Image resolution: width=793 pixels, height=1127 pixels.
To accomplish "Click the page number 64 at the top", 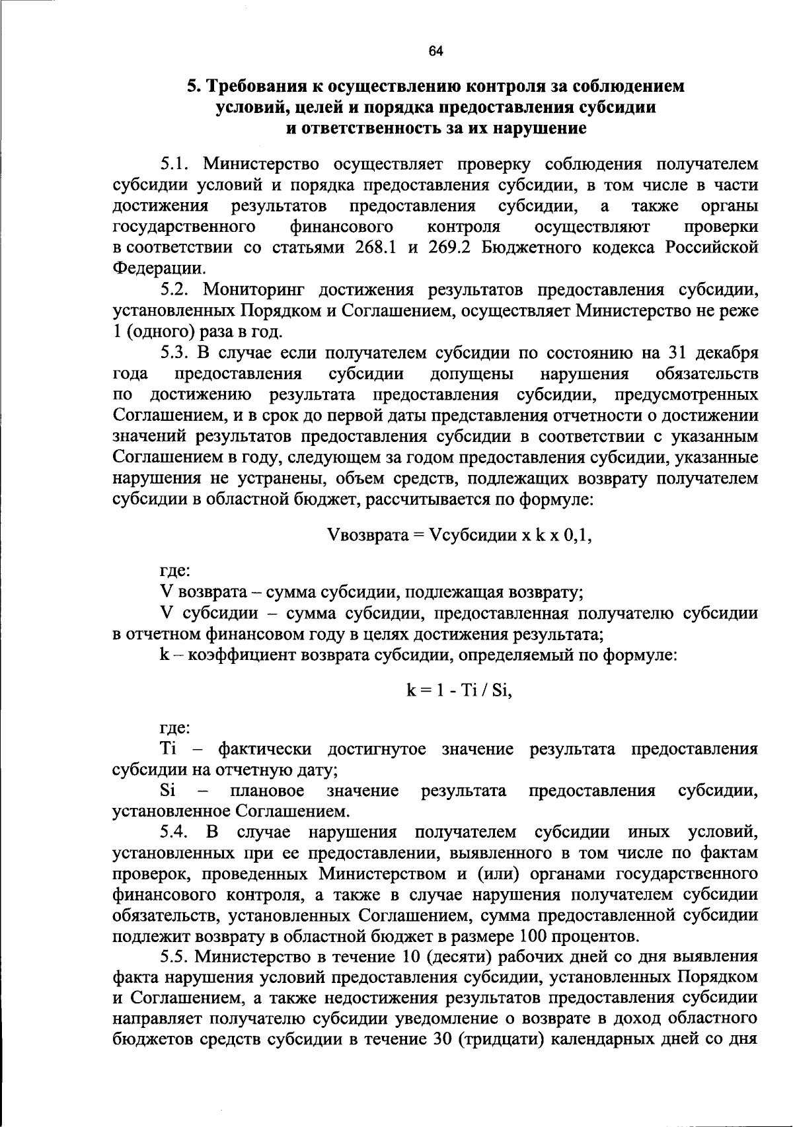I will pos(435,52).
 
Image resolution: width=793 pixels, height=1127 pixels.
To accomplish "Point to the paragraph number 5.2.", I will pos(175,289).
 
